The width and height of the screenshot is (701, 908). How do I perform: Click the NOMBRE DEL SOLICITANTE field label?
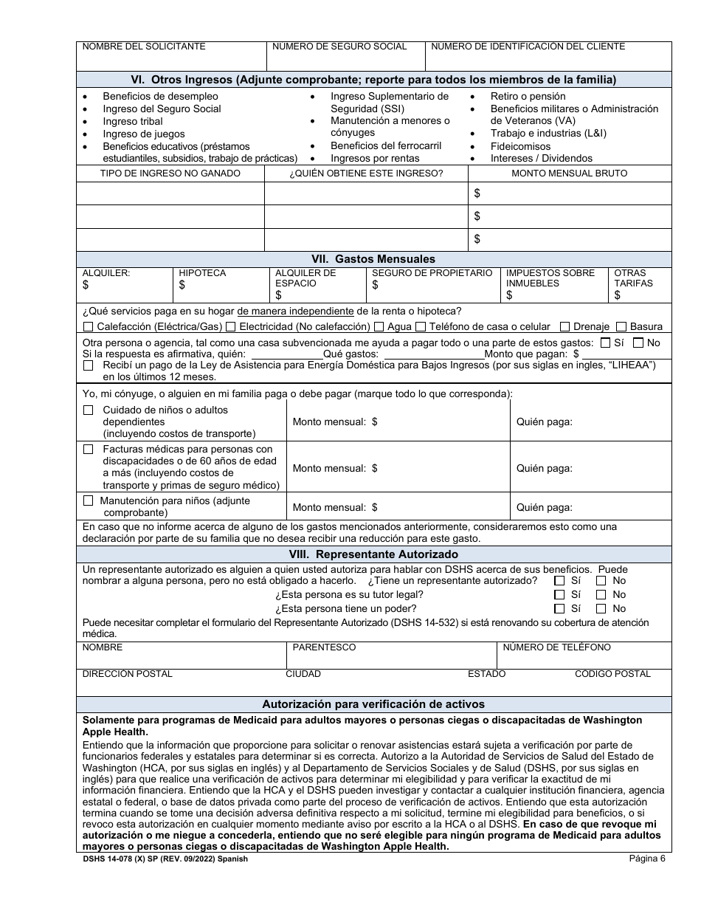(143, 47)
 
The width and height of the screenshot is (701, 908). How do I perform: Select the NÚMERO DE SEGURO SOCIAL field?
(345, 56)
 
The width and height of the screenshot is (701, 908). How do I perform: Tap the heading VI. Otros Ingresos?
(373, 80)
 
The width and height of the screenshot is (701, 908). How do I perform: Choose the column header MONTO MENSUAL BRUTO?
(570, 173)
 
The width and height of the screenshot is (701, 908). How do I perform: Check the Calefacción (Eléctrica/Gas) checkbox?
(89, 327)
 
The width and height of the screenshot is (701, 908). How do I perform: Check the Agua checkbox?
(379, 327)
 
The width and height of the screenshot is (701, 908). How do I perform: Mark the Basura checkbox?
(621, 327)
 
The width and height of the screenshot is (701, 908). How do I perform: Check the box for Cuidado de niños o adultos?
(89, 410)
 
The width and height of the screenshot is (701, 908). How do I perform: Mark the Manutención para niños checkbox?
(89, 501)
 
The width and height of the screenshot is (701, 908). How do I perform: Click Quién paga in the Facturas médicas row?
(544, 468)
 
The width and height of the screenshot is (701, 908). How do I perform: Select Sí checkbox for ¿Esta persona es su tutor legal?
(559, 595)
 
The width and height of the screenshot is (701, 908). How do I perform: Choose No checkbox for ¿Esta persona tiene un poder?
(601, 609)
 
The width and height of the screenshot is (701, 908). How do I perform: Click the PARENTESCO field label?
(324, 647)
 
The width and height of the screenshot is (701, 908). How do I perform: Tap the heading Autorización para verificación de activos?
(373, 704)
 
